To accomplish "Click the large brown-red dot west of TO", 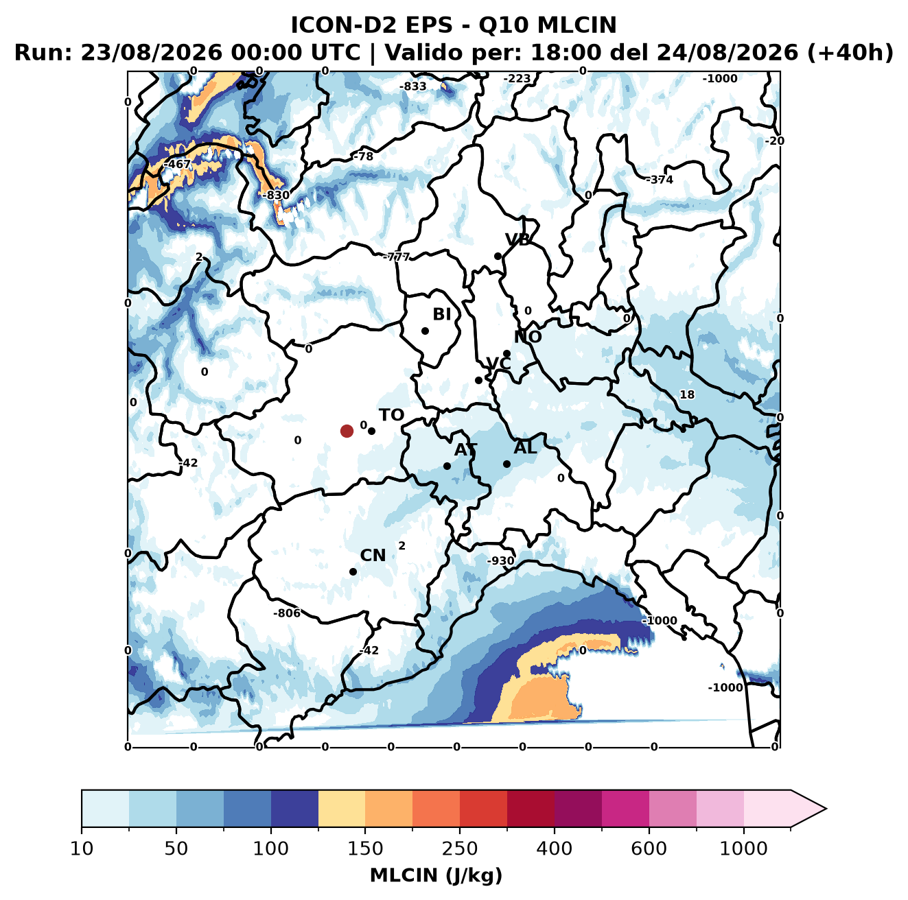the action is (x=347, y=431).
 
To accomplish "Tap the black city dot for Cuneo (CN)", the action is (x=353, y=571).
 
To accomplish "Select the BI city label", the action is (x=442, y=314).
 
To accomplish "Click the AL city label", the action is (x=526, y=447).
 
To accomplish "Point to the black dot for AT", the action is (x=447, y=466).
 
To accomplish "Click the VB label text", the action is (x=518, y=239).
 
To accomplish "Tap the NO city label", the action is (x=528, y=337).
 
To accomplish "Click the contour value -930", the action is (x=500, y=561).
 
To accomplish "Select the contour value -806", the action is (x=287, y=613).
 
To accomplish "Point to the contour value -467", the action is (x=177, y=165).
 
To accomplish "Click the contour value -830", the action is (x=276, y=195).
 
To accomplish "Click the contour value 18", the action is (x=687, y=394).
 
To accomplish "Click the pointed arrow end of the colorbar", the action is (x=826, y=809).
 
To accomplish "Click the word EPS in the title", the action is (x=428, y=25).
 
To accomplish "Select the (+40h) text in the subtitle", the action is (x=850, y=53).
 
